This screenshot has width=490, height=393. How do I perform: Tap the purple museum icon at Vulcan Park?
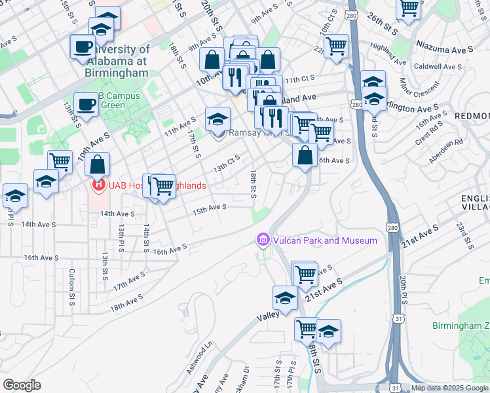click(x=263, y=240)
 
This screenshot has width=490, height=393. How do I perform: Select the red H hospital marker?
click(x=98, y=185)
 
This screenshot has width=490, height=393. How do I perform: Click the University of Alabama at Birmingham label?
click(x=118, y=61)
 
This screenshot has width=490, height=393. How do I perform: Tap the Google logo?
click(x=22, y=385)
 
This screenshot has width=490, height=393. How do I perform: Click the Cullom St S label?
click(x=72, y=286)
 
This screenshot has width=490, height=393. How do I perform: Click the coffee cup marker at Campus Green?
click(x=85, y=103)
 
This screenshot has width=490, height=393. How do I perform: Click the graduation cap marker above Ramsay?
click(x=218, y=119)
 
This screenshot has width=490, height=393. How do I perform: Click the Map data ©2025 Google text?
click(x=450, y=388)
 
